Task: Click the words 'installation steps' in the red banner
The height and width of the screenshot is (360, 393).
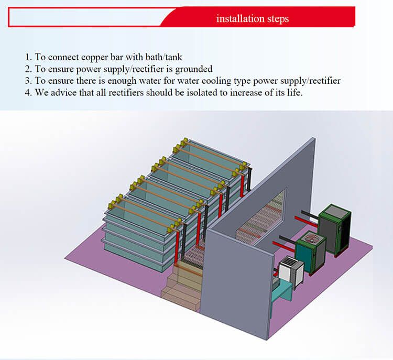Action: [x=253, y=19]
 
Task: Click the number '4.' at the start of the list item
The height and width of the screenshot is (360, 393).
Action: [x=28, y=93]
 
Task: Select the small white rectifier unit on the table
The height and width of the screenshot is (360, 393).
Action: [x=291, y=272]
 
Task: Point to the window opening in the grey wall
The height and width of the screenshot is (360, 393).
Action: [x=260, y=215]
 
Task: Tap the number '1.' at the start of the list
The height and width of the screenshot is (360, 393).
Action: [x=28, y=57]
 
